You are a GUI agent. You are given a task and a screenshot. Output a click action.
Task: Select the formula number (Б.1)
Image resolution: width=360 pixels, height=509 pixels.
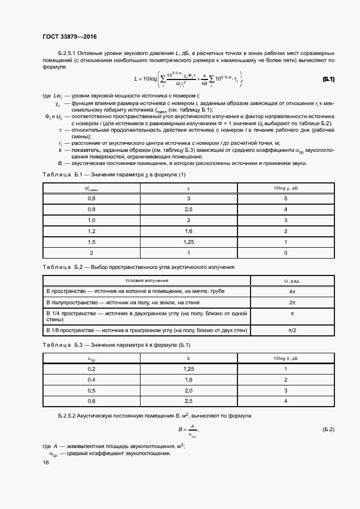tap(328, 79)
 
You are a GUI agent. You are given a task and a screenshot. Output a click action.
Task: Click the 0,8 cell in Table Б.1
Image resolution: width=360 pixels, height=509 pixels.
tap(91, 209)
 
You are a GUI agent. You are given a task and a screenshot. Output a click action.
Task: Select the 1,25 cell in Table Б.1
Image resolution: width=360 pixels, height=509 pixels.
tap(188, 242)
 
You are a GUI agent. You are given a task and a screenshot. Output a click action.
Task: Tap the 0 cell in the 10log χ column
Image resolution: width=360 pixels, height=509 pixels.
tap(285, 253)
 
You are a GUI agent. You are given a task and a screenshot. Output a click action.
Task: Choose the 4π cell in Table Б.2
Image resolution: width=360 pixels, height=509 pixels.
tap(292, 291)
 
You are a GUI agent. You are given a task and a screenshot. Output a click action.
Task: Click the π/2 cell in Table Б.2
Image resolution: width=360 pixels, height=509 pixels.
tap(292, 330)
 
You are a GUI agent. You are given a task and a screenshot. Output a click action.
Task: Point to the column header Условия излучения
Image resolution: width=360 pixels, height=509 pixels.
tap(147, 281)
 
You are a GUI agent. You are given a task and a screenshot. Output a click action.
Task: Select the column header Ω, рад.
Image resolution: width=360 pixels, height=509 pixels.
tap(292, 281)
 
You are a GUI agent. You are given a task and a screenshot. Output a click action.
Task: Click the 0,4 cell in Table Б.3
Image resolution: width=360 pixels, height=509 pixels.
tap(91, 379)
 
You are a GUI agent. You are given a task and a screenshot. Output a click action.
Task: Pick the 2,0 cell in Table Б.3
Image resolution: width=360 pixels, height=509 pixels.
tap(188, 390)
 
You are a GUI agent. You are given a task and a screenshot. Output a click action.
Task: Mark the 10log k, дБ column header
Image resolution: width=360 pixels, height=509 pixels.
tap(285, 359)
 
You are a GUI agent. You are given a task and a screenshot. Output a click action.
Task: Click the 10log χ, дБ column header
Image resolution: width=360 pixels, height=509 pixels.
tap(285, 188)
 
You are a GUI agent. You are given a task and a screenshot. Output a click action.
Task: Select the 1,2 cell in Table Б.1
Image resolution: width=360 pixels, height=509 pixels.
tap(91, 231)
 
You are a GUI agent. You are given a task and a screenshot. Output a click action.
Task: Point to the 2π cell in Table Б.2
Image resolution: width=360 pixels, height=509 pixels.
tap(292, 302)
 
